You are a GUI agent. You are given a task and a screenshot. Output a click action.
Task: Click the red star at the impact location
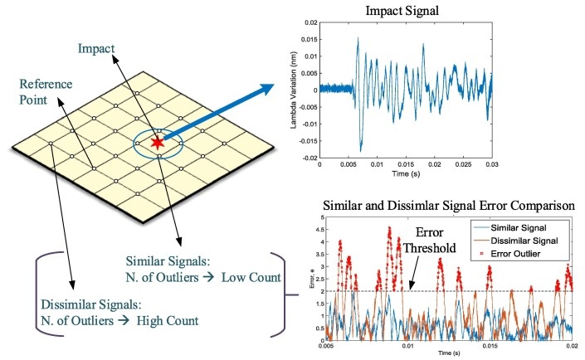coord(158,144)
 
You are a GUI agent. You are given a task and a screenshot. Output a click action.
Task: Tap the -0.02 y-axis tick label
coord(305,158)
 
